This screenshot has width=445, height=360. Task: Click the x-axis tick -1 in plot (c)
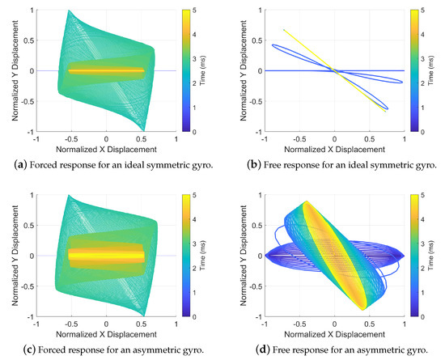35,324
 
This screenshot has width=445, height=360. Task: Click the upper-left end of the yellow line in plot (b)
284,30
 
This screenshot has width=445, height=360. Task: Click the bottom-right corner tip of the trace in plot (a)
146,129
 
